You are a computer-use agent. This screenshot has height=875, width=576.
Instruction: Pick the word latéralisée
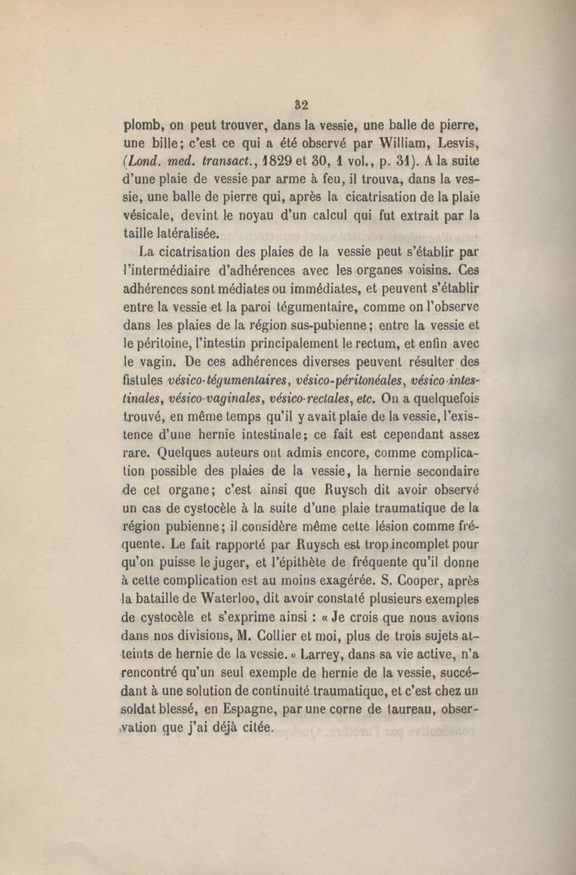[x=186, y=233]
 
